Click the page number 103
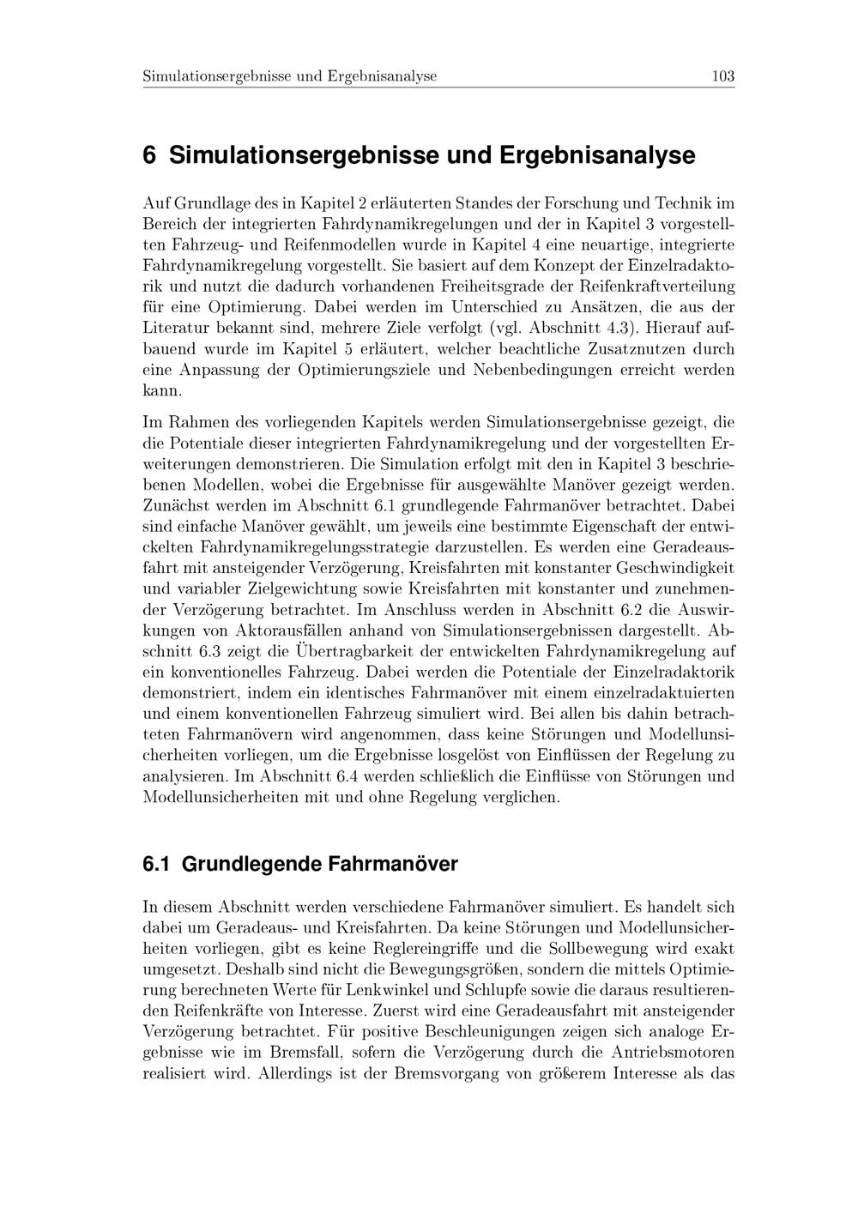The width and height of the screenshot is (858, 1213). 722,76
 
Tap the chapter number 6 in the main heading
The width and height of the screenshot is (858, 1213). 149,155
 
